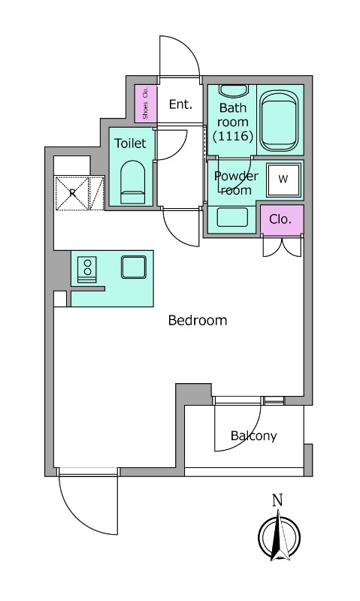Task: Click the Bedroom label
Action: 198,320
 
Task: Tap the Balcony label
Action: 253,436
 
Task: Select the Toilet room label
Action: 130,143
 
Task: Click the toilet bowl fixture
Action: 133,182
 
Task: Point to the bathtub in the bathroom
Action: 279,122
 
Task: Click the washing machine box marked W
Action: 283,180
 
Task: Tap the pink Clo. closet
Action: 282,219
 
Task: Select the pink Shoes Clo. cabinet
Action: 146,104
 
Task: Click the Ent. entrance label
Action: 180,104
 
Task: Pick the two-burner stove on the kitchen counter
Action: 87,270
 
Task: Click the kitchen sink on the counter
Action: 134,267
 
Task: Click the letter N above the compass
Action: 277,500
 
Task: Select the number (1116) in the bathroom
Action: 233,136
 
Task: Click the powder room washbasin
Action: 232,218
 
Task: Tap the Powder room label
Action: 236,183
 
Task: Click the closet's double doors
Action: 282,247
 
